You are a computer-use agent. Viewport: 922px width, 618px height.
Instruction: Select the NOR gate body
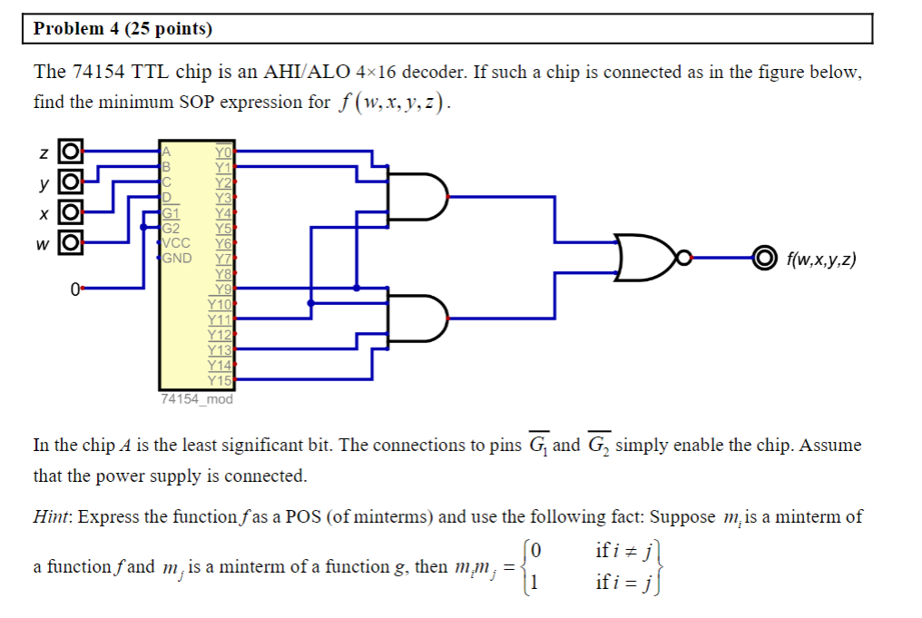(x=646, y=258)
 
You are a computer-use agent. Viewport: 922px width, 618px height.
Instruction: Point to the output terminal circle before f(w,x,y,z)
(x=764, y=258)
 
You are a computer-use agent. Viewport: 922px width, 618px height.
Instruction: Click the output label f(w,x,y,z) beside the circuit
(x=820, y=260)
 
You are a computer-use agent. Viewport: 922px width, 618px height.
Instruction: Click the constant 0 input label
(x=75, y=289)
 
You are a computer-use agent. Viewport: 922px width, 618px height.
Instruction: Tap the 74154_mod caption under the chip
(x=196, y=398)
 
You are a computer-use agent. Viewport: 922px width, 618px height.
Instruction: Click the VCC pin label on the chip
(x=178, y=243)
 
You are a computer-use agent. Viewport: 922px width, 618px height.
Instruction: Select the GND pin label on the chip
(x=178, y=258)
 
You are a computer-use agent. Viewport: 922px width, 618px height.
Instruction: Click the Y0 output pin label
(x=223, y=152)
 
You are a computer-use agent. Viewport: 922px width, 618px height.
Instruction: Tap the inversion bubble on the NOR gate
(x=687, y=258)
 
